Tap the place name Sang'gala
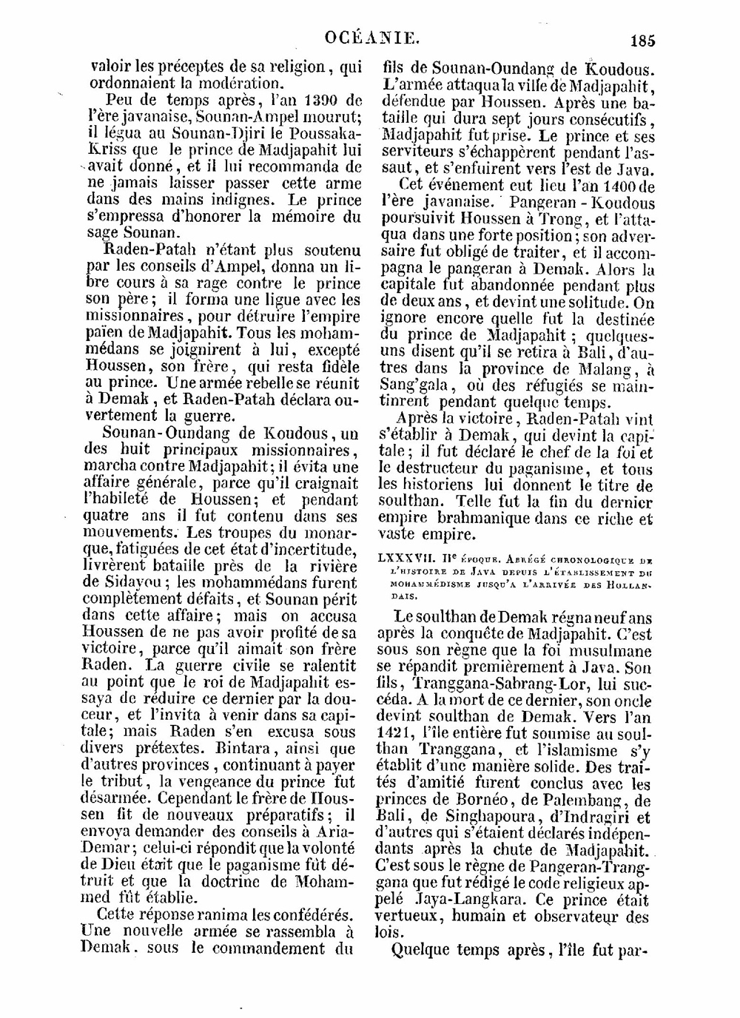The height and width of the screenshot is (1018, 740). [x=410, y=385]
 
